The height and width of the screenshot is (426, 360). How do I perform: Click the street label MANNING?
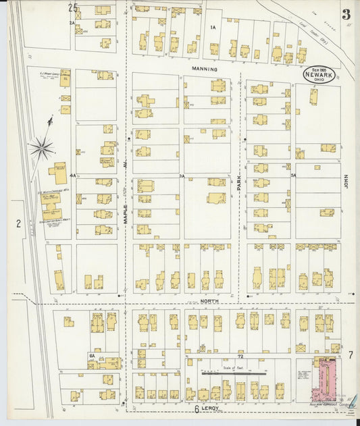(204, 69)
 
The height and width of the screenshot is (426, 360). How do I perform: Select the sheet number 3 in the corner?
(345, 13)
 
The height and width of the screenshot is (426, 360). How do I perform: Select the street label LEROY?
(214, 409)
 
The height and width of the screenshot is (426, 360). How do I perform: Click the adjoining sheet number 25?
(73, 7)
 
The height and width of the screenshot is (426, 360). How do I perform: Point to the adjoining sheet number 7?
(351, 354)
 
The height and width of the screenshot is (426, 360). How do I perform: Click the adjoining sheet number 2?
(19, 223)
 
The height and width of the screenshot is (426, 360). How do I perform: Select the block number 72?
(238, 354)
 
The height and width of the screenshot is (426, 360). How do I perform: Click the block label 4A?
(72, 175)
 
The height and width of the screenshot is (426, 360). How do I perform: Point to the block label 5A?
(293, 175)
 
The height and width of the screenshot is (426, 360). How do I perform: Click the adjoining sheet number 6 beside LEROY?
(197, 409)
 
